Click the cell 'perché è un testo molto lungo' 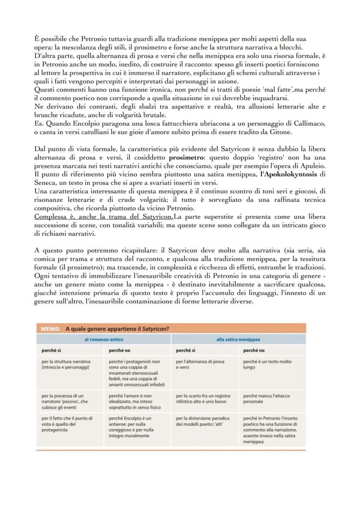pyautogui.click(x=267, y=364)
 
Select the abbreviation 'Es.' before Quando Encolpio pyautogui.click(x=38, y=123)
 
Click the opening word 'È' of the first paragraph pyautogui.click(x=37, y=39)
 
